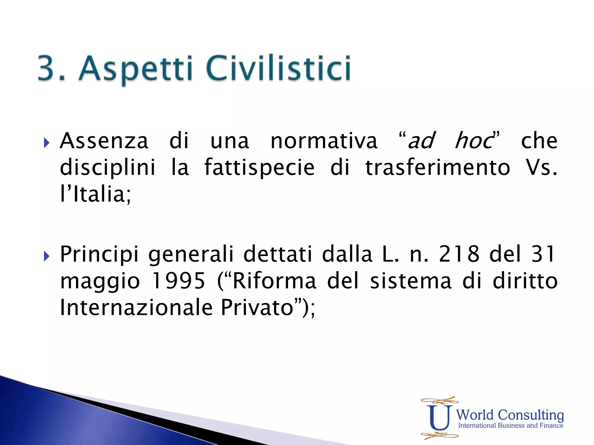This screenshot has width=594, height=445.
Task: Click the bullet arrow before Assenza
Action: click(x=46, y=143)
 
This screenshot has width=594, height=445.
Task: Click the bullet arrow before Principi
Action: click(x=46, y=256)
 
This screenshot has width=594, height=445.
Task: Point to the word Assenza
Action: click(x=104, y=141)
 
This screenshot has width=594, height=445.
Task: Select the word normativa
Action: click(x=324, y=141)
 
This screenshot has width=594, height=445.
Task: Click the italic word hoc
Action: click(x=474, y=141)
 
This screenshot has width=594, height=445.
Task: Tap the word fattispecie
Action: click(x=260, y=167)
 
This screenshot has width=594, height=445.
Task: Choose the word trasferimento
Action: click(x=438, y=167)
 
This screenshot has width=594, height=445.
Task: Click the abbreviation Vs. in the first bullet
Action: click(x=542, y=167)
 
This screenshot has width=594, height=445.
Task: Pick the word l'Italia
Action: click(x=95, y=194)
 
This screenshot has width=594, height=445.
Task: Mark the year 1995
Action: click(x=178, y=281)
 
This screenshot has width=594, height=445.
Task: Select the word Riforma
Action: click(x=274, y=281)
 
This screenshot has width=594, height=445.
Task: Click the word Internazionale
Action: click(x=136, y=307)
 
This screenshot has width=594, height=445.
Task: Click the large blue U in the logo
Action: click(x=439, y=417)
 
